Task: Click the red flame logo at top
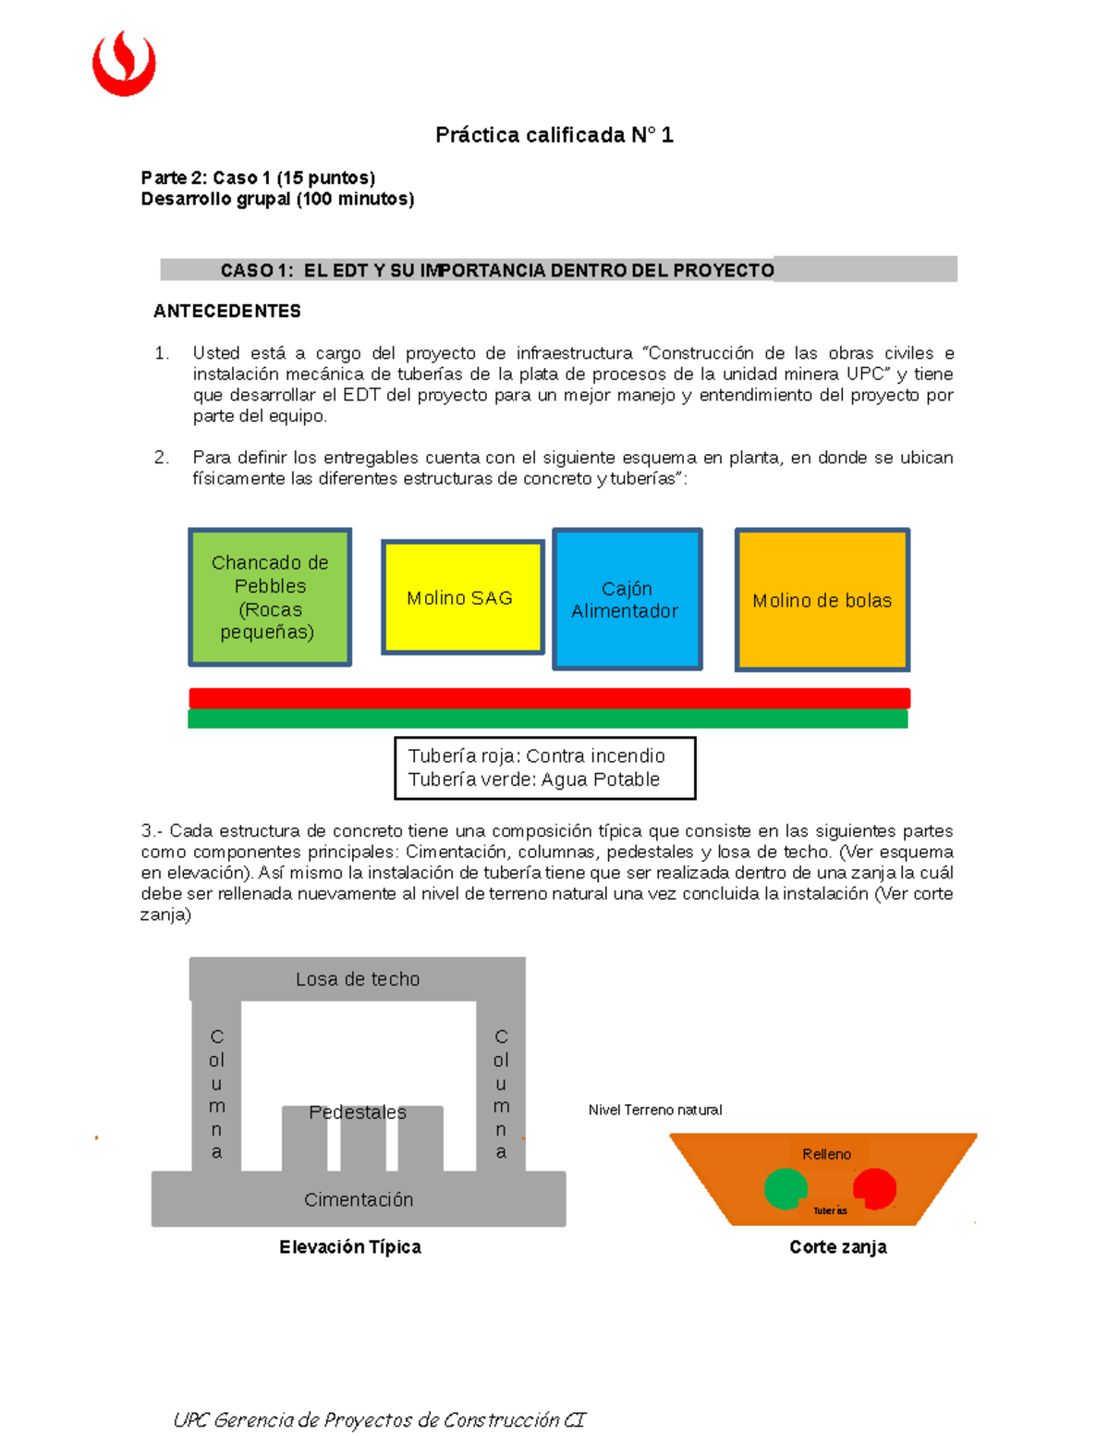pos(124,63)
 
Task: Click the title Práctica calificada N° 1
pos(554,135)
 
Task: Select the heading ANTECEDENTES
pos(227,311)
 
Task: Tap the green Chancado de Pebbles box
pos(270,597)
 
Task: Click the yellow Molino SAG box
pos(462,597)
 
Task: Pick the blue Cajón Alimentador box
pos(627,599)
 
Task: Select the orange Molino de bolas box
pos(822,600)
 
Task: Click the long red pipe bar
pos(549,698)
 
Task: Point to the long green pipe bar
pos(547,719)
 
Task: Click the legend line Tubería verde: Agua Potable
pos(534,779)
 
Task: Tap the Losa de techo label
pos(358,979)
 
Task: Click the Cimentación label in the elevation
pos(359,1199)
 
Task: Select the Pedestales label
pos(358,1112)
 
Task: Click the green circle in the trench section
pos(785,1189)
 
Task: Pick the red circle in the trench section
pos(874,1188)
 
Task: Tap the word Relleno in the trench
pos(826,1154)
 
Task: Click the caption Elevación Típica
pos(350,1246)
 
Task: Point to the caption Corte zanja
pos(837,1246)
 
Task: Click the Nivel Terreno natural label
pos(655,1110)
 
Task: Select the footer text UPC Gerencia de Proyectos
pos(379,1419)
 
